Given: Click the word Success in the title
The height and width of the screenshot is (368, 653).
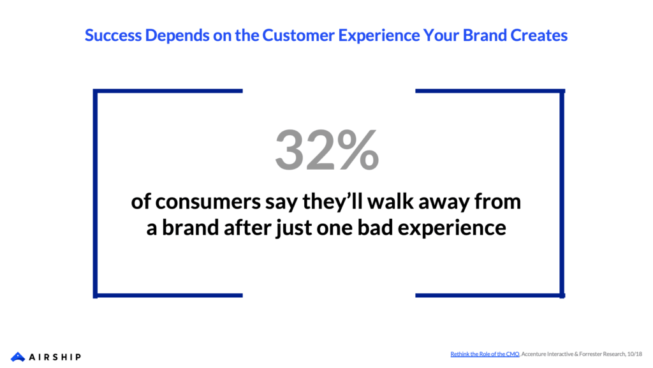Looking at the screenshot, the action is (114, 35).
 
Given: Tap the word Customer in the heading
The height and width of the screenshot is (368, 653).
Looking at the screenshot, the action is (298, 35).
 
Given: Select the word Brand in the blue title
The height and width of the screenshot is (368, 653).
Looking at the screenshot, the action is (485, 35).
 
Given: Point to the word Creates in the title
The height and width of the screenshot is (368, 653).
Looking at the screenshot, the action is (539, 35).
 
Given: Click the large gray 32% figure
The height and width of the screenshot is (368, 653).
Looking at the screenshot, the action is (327, 150).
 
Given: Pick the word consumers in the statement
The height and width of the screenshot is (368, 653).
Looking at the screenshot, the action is (208, 202).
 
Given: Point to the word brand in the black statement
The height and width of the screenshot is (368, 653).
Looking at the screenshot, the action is (190, 228).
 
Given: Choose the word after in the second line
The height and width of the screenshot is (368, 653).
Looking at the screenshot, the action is (247, 228).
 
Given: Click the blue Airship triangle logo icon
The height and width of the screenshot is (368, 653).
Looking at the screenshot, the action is (18, 357).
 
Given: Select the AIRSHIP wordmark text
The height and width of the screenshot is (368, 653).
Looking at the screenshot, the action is (55, 357).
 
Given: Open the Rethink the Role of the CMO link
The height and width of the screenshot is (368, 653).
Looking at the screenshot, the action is (485, 354).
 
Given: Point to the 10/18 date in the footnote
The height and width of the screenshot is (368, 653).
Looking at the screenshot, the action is (635, 354).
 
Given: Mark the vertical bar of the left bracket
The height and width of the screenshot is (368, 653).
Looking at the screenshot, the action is (96, 193).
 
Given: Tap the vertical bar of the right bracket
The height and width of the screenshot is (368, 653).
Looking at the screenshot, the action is (562, 193).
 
